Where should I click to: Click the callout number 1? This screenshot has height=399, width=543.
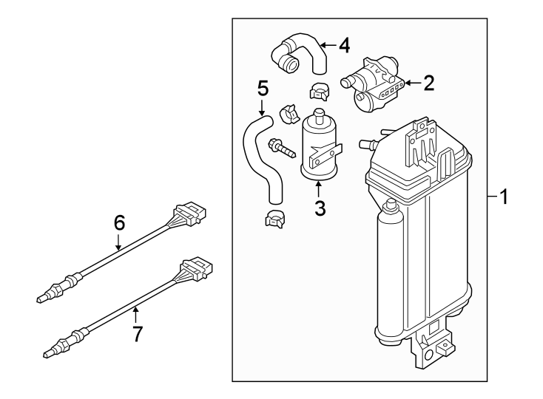[504, 197]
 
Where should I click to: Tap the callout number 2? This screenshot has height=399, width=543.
[428, 83]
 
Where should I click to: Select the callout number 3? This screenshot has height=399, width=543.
[320, 208]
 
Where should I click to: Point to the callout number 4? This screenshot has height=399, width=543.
[343, 46]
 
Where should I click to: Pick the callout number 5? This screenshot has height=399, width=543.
[262, 89]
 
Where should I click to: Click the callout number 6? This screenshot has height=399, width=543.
[119, 222]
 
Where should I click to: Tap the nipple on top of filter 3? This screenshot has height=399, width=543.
[320, 115]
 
